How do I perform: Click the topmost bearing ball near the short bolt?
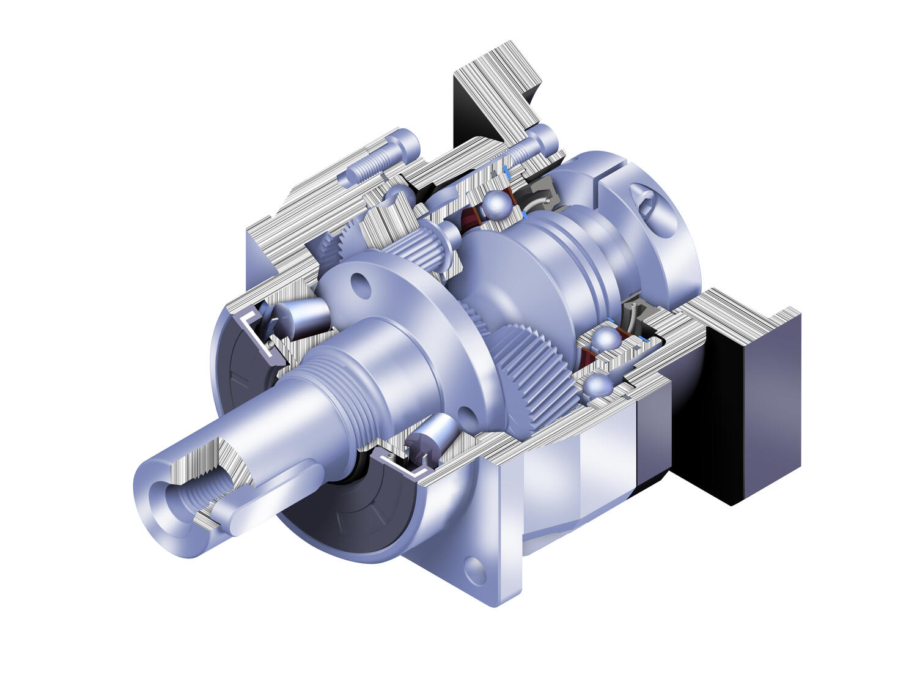coord(498,205)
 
